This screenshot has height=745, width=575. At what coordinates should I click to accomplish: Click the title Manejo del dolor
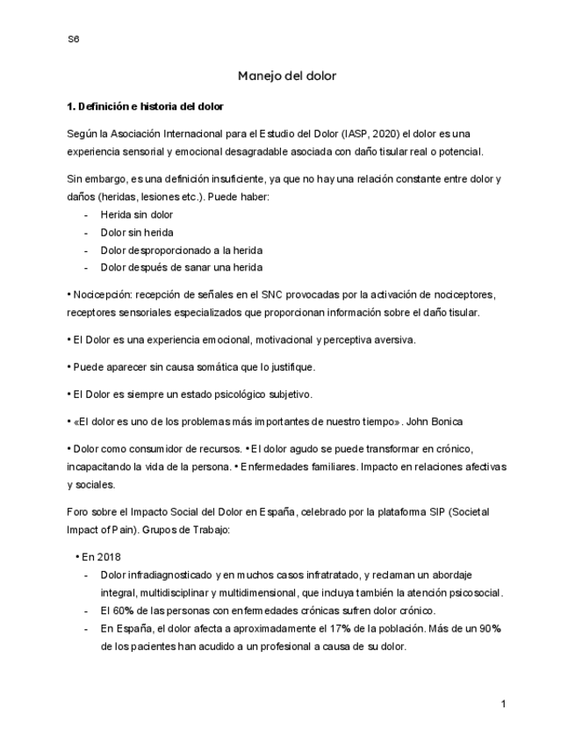pyautogui.click(x=287, y=76)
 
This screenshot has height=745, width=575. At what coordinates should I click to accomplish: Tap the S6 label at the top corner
pyautogui.click(x=73, y=40)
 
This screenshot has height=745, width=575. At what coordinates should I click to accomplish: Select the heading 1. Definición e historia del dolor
pyautogui.click(x=145, y=107)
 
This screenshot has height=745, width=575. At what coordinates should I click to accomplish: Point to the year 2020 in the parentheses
pyautogui.click(x=380, y=134)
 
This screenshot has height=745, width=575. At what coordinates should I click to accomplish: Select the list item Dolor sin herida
pyautogui.click(x=136, y=233)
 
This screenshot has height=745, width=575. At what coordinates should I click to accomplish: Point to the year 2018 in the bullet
pyautogui.click(x=109, y=557)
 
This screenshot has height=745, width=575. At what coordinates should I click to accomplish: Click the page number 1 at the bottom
pyautogui.click(x=504, y=705)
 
